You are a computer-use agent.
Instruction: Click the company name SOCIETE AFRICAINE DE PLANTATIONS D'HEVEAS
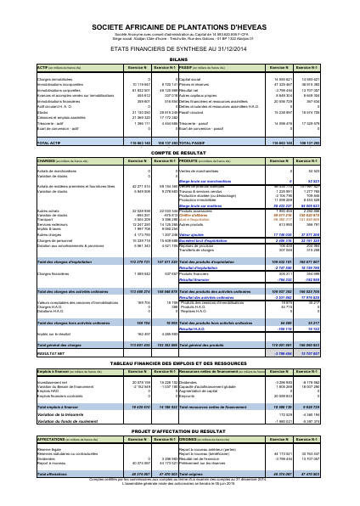click(179, 27)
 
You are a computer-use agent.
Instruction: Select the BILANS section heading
click(179, 58)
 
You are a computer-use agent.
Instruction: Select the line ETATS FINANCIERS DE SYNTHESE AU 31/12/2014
click(179, 50)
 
